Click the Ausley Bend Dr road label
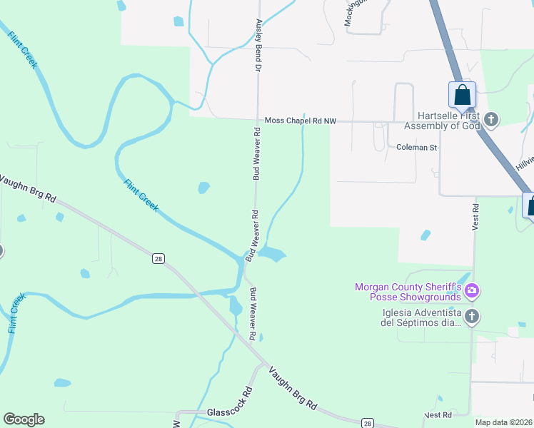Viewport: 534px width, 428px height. tap(258, 44)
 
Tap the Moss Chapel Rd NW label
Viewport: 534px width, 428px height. tap(300, 122)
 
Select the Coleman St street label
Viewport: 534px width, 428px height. tap(416, 148)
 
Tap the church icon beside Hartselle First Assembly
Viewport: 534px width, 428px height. tap(490, 119)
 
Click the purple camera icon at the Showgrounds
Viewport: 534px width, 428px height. tap(471, 291)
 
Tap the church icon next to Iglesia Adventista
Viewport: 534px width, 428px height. tap(471, 316)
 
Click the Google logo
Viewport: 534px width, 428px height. tap(24, 419)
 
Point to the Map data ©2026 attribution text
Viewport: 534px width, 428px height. tap(504, 422)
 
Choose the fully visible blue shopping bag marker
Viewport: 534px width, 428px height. tap(462, 95)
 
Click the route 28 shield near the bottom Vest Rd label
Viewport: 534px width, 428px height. tap(367, 423)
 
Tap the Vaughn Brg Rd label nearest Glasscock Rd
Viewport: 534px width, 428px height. tap(293, 387)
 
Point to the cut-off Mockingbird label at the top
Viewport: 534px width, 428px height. tap(349, 13)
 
